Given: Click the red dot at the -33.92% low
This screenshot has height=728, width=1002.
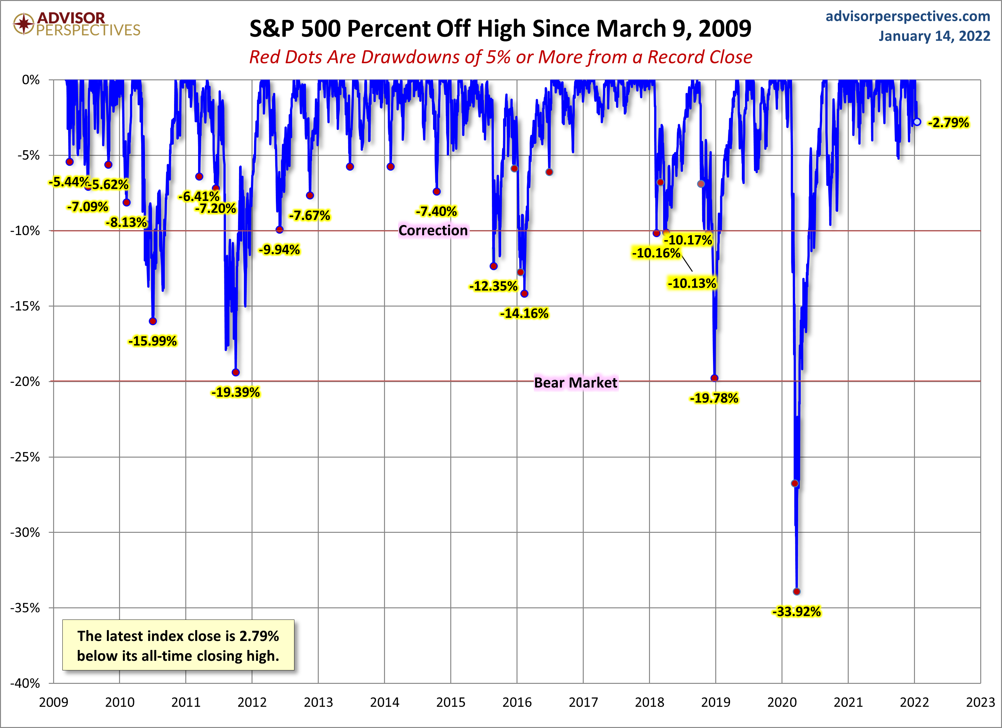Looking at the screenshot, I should (797, 591).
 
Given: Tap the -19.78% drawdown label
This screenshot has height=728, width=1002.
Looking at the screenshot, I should (714, 398).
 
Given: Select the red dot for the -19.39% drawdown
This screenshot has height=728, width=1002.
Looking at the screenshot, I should (236, 372).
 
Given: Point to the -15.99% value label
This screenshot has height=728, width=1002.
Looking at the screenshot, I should (152, 341).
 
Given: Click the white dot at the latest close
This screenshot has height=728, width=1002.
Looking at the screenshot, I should (917, 122).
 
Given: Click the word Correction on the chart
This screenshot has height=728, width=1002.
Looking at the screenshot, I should (433, 230).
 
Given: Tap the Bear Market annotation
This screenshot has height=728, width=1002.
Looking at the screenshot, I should (575, 382).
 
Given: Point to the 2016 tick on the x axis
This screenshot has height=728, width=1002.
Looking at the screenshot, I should (517, 702).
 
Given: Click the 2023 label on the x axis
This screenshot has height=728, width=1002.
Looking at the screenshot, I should (980, 702).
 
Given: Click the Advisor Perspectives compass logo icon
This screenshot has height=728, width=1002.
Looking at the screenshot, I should (23, 23).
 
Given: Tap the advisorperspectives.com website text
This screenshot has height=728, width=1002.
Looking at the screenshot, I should (908, 16).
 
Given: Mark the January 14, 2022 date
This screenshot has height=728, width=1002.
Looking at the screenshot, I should (934, 36).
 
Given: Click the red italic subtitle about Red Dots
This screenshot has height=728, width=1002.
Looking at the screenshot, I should (501, 57).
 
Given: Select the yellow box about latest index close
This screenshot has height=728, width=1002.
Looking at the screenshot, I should (178, 645).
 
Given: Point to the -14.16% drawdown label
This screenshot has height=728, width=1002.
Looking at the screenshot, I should (524, 314).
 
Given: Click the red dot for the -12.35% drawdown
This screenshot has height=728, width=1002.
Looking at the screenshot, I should (493, 266).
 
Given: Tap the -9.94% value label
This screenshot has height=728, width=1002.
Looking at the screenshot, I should (279, 250).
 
